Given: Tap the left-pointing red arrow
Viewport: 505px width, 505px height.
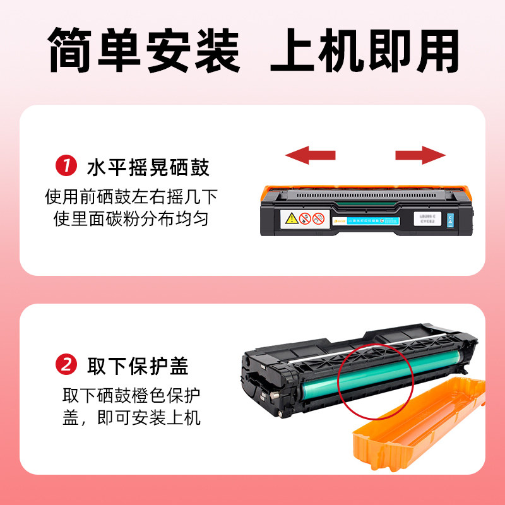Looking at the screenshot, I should tap(310, 155).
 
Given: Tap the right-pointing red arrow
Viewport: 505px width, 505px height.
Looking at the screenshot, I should tap(420, 155).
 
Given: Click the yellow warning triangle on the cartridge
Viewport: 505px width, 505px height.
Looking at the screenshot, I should tap(292, 219).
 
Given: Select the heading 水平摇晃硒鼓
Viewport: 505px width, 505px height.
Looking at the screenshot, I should tap(148, 167).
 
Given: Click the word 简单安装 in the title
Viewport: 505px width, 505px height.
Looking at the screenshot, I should tap(145, 50).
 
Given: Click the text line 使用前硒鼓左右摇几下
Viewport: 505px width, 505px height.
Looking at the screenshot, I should tap(131, 197).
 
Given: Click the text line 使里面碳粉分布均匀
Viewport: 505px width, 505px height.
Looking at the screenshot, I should tap(131, 219).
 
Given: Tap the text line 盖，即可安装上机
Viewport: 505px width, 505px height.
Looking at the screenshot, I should tap(131, 417).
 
